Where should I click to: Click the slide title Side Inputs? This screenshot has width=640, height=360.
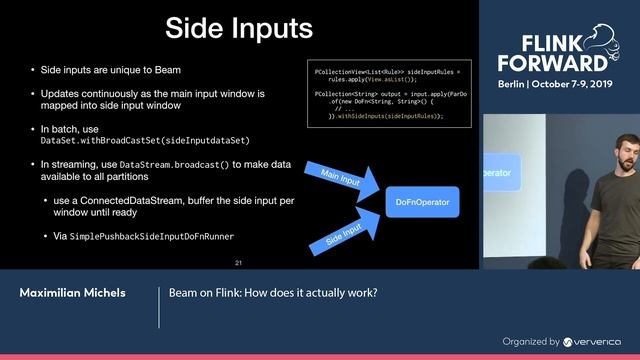pyautogui.click(x=239, y=26)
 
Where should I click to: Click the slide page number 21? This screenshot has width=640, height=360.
pyautogui.click(x=238, y=262)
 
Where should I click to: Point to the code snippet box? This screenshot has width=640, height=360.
pyautogui.click(x=388, y=93)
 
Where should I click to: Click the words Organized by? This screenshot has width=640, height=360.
pyautogui.click(x=531, y=341)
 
